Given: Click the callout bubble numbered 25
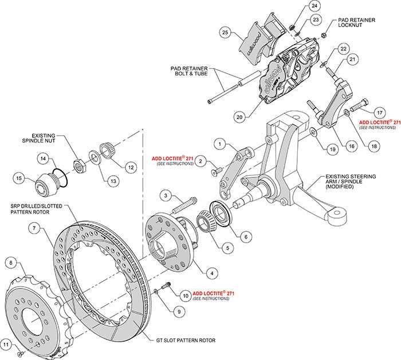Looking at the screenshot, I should coord(225,33).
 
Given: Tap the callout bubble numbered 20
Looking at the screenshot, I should coord(240,117).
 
